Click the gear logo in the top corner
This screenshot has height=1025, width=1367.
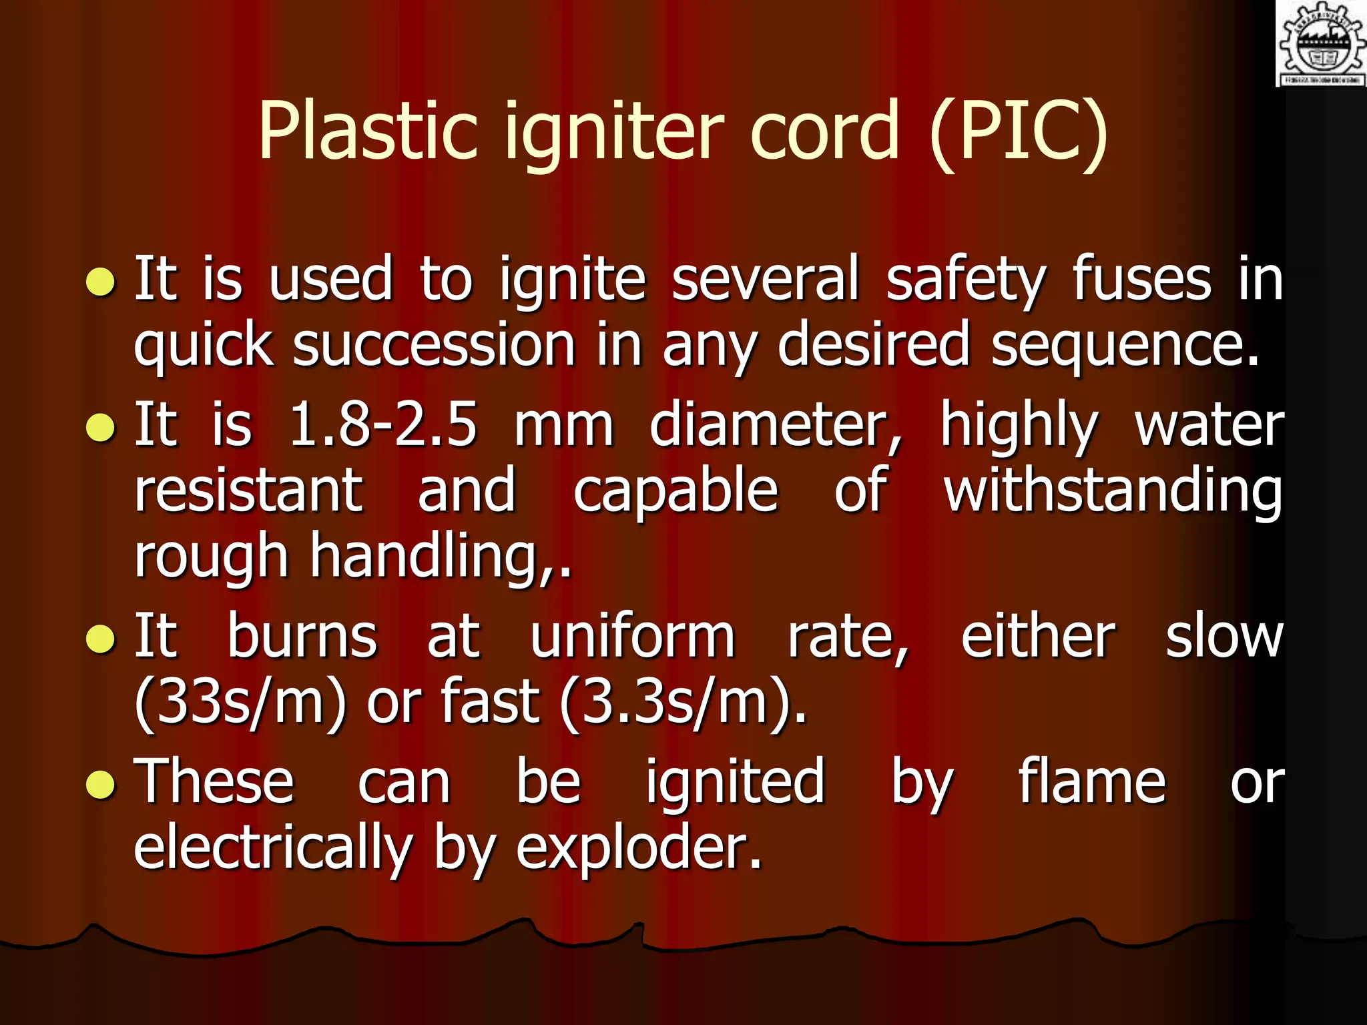click(x=1320, y=44)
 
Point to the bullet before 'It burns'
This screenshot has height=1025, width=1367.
click(x=101, y=639)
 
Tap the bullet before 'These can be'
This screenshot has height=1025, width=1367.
click(x=101, y=785)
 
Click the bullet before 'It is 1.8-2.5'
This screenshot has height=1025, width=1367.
click(x=101, y=428)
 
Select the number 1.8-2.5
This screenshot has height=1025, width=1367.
click(x=383, y=425)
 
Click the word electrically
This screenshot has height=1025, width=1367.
click(x=272, y=848)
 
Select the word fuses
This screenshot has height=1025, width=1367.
click(x=1141, y=280)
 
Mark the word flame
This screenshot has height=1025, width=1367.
click(x=1091, y=781)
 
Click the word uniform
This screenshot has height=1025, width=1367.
click(x=632, y=637)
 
